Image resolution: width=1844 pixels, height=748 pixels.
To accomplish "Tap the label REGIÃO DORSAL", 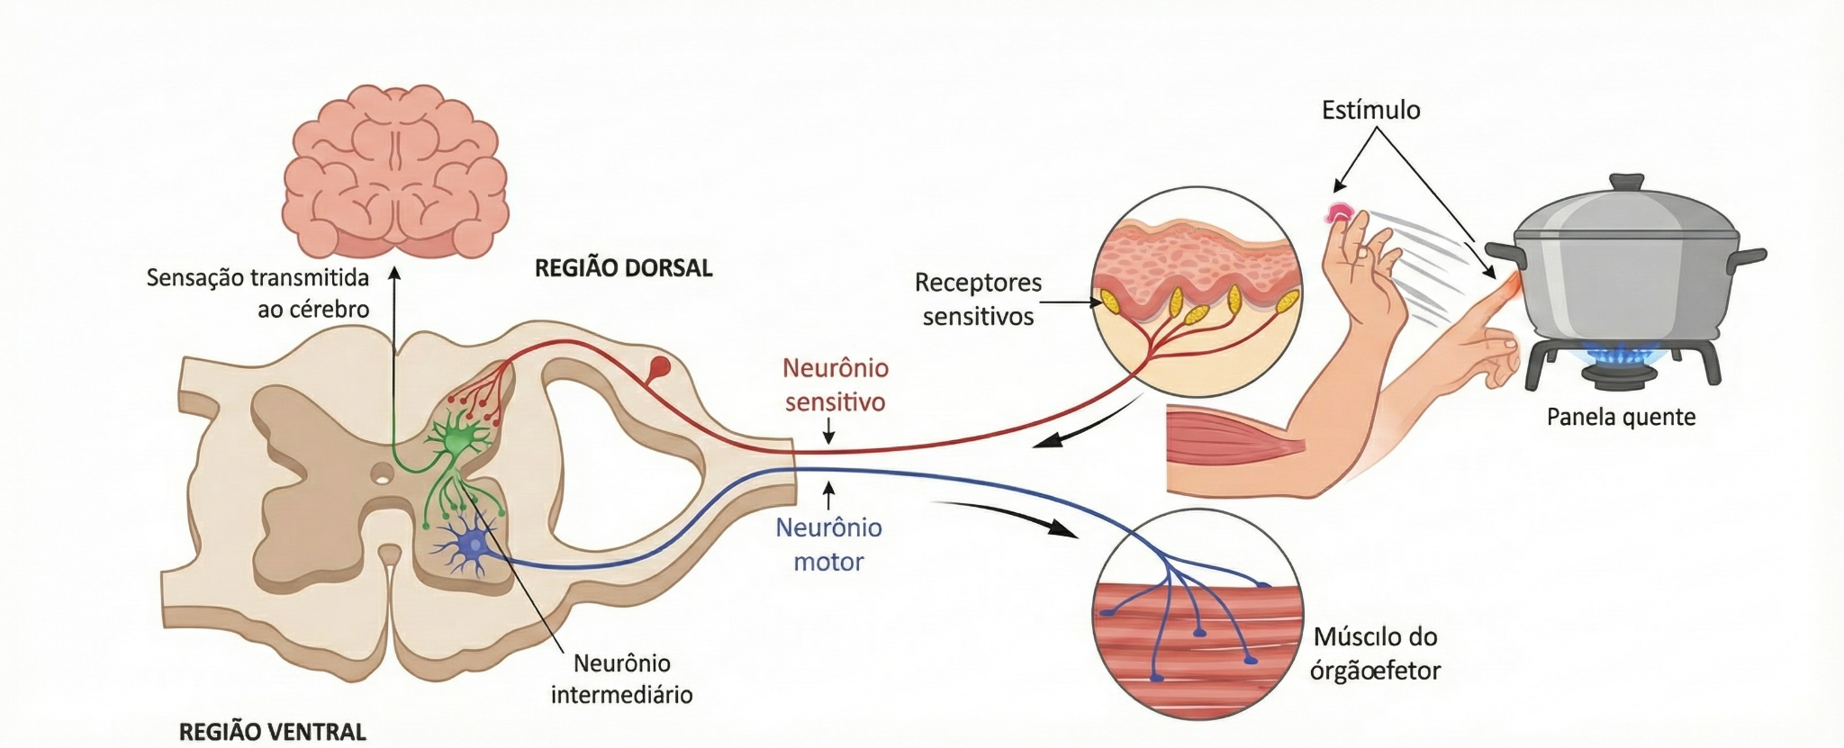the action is pos(623,268).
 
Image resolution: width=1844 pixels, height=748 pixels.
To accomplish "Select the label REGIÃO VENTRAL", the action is pos(273,732).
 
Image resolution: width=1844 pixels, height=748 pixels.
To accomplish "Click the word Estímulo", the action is pos(1370,110).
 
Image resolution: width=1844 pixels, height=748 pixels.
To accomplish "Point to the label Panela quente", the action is pos(1621,417).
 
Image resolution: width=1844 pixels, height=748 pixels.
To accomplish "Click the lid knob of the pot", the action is pos(1625,183).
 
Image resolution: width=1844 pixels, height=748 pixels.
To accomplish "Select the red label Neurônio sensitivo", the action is pos(835,384).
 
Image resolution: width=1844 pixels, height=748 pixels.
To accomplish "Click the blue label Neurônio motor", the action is pos(828,544).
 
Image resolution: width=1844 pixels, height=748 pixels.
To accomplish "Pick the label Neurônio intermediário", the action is pos(621,679).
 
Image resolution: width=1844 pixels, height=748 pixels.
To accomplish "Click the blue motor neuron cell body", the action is pos(471,545).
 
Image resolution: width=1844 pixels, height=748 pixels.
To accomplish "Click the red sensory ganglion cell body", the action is pos(660,367).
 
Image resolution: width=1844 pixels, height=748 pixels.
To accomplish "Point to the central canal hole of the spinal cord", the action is pos(383,472).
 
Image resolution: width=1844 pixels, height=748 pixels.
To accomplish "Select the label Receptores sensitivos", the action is pos(978,299).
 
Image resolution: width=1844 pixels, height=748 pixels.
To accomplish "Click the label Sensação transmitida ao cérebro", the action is pos(258,293).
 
